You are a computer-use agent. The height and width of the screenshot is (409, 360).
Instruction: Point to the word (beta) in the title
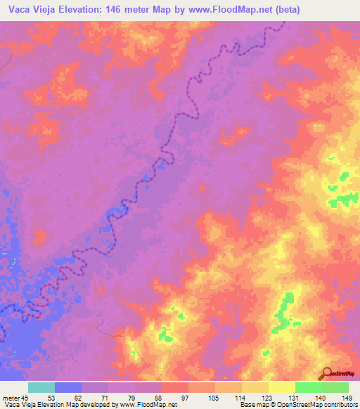pos(285,9)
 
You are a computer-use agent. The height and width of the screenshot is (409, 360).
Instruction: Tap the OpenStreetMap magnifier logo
pos(327,374)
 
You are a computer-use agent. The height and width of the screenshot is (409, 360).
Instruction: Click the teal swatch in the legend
pos(41,388)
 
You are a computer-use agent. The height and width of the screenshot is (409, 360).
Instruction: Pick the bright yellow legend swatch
pos(281,388)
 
